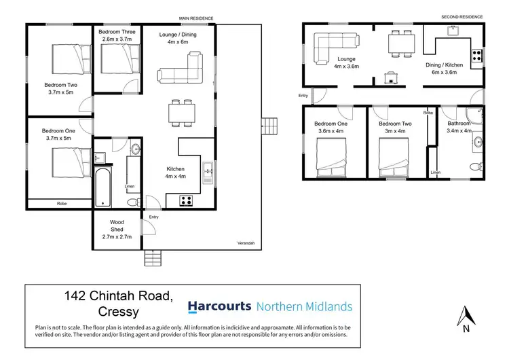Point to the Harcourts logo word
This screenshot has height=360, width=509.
(219, 306)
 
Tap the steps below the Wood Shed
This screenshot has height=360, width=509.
(153, 257)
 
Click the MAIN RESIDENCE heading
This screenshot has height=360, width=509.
(196, 18)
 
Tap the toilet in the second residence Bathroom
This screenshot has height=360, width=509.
(476, 166)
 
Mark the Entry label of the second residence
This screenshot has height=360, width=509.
(302, 96)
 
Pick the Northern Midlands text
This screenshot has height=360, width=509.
(304, 306)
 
